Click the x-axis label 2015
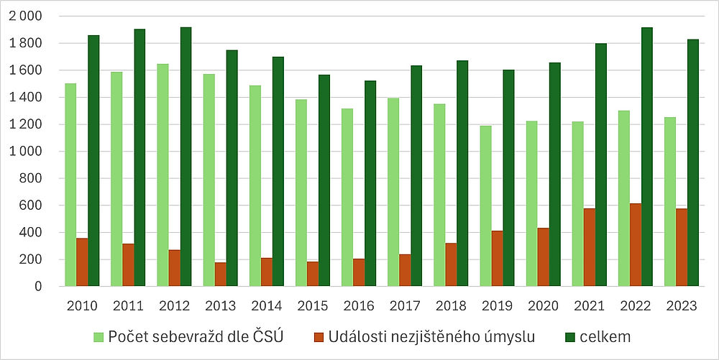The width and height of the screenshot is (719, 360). [x=313, y=306]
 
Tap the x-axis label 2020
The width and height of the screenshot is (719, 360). [x=543, y=306]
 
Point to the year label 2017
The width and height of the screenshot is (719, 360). [x=405, y=306]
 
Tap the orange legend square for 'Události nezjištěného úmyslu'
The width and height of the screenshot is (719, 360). [x=318, y=336]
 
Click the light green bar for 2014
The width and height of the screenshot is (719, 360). [x=255, y=186]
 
